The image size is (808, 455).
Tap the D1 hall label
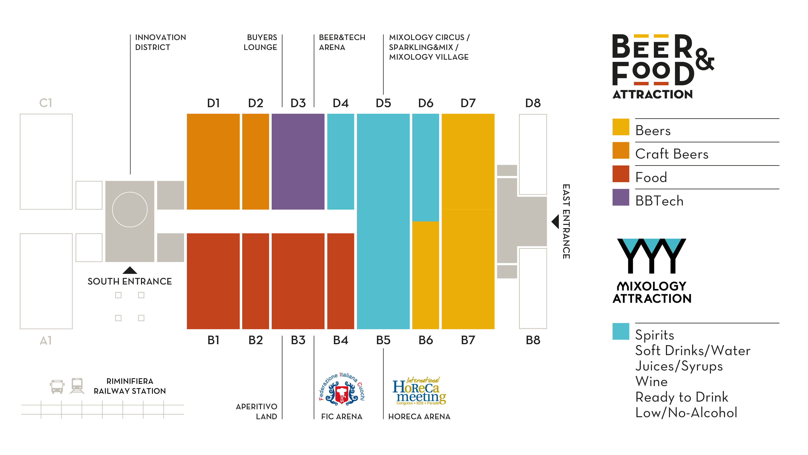coord(213,103)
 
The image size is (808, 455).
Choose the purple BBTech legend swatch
coord(620,197)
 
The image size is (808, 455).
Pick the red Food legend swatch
coord(620,174)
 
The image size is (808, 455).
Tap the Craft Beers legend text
coord(672,154)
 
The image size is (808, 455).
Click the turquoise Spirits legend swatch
coord(620,331)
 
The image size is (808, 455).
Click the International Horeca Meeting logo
coord(419,391)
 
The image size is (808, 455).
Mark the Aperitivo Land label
coord(257,411)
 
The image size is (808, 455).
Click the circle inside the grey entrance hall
coord(129,210)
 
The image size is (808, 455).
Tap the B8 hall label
coord(533,340)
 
